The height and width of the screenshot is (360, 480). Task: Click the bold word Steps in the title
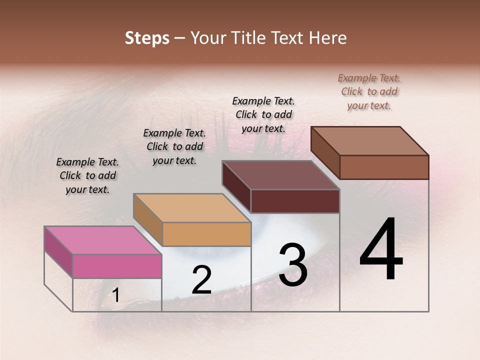pyautogui.click(x=147, y=38)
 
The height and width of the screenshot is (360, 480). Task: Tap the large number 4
pyautogui.click(x=381, y=249)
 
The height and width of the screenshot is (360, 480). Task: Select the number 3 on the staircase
pyautogui.click(x=292, y=264)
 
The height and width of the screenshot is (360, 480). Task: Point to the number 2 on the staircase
pyautogui.click(x=201, y=280)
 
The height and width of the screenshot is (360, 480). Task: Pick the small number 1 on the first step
pyautogui.click(x=116, y=295)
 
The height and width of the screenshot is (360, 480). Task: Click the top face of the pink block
pyautogui.click(x=102, y=240)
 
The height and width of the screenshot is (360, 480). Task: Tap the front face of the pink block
pyautogui.click(x=117, y=266)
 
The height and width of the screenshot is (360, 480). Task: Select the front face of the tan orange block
pyautogui.click(x=206, y=234)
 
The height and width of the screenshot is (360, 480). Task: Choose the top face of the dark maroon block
pyautogui.click(x=280, y=175)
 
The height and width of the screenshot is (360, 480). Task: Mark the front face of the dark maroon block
pyautogui.click(x=295, y=201)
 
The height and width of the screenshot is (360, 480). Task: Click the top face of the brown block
pyautogui.click(x=369, y=140)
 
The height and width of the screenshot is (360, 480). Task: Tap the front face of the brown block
pyautogui.click(x=384, y=167)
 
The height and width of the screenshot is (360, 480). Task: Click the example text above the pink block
pyautogui.click(x=87, y=175)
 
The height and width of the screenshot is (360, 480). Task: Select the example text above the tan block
pyautogui.click(x=174, y=146)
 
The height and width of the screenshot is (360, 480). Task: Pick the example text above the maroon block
pyautogui.click(x=263, y=114)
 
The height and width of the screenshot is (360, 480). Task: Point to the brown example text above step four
pyautogui.click(x=369, y=91)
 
